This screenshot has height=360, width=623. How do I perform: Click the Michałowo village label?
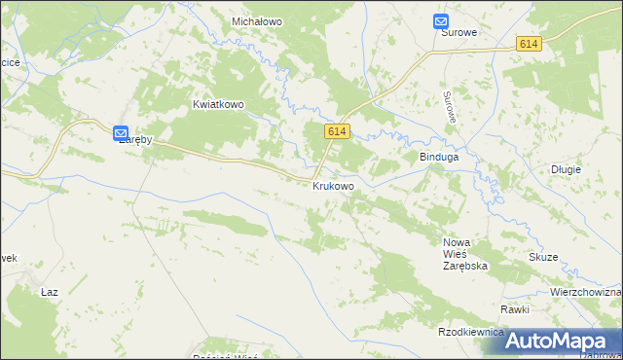(256, 20)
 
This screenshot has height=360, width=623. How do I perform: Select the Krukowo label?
(333, 185)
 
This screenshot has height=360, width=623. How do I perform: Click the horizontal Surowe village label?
(459, 32)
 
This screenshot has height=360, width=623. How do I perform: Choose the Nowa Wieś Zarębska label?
(464, 253)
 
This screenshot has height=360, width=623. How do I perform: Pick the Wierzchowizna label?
(585, 292)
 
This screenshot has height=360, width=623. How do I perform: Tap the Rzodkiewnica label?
(471, 332)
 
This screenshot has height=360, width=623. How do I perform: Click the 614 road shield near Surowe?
(529, 44)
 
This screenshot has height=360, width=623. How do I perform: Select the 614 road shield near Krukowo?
(338, 131)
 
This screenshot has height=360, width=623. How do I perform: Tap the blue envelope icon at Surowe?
(441, 20)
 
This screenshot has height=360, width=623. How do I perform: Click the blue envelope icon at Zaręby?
(121, 134)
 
